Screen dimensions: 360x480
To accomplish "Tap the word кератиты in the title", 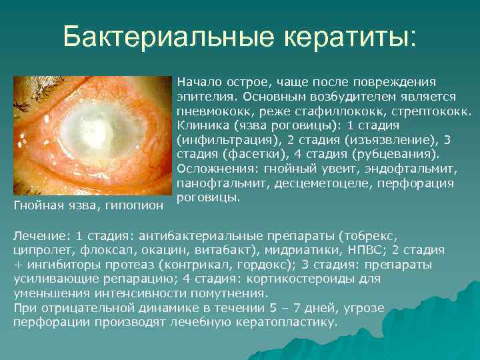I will pos(349,38).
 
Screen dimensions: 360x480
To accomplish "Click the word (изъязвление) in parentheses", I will pos(378,139).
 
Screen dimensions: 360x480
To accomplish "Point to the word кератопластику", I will pos(283,321).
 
